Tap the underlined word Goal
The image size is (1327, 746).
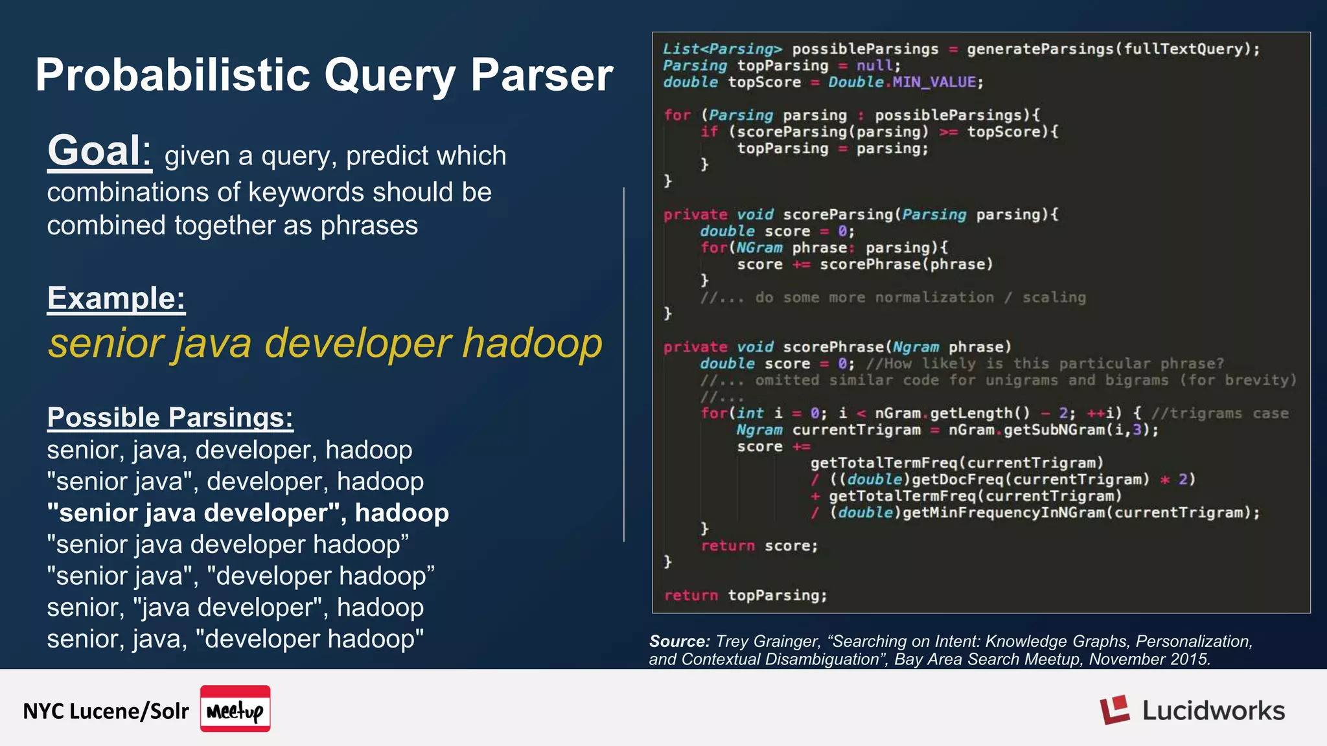click(x=98, y=151)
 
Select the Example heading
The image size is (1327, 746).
click(x=116, y=299)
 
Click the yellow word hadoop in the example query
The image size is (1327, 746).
click(x=532, y=343)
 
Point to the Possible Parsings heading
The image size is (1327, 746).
click(x=170, y=418)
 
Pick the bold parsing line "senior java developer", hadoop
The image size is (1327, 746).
click(x=248, y=513)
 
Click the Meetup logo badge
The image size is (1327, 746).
click(x=235, y=709)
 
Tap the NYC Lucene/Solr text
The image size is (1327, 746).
click(x=106, y=711)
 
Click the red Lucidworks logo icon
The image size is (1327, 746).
click(x=1114, y=710)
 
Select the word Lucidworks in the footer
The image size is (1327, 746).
click(x=1213, y=710)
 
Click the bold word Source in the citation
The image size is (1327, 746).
click(x=679, y=641)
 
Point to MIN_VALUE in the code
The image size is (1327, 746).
click(x=933, y=82)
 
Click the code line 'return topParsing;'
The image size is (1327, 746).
click(x=745, y=595)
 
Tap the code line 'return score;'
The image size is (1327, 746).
click(x=759, y=546)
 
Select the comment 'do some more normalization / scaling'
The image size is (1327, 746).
click(x=920, y=297)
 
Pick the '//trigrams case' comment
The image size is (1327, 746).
click(x=1219, y=413)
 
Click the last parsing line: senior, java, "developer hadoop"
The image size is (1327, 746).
click(x=235, y=639)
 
